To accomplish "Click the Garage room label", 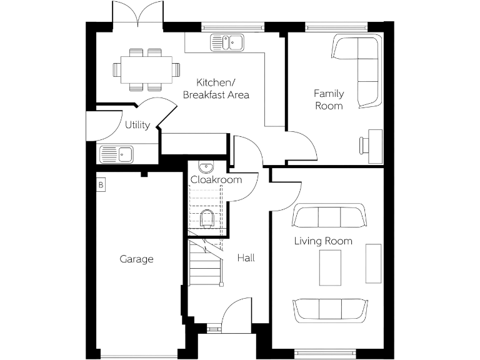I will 136,259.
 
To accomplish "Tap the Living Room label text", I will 323,241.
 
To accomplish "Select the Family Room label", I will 329,99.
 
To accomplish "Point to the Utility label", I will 137,125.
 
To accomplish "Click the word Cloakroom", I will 216,179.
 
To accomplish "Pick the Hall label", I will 246,257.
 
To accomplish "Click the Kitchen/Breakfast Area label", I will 216,89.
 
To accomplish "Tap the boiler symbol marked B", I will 101,185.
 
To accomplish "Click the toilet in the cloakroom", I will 207,218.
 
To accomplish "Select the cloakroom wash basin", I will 206,166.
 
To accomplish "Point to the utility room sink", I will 116,152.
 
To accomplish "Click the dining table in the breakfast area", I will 146,69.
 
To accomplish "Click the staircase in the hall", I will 206,262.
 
